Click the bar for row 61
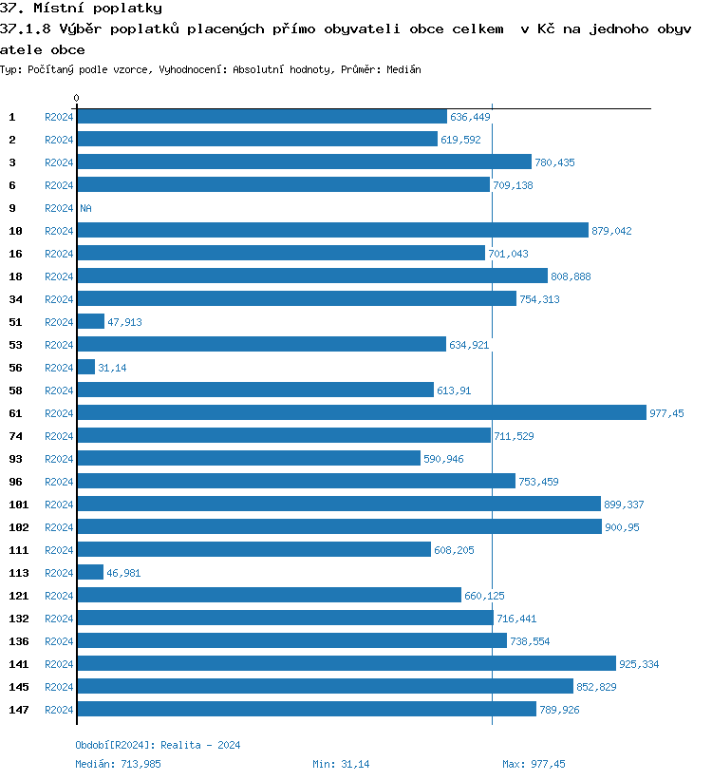[361, 412]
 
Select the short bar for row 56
[86, 367]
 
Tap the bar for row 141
[347, 663]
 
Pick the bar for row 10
[332, 230]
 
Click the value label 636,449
[470, 117]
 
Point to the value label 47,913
[124, 322]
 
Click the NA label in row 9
[85, 208]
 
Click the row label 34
[15, 298]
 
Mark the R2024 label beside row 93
[59, 459]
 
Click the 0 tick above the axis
[77, 98]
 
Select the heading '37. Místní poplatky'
[81, 9]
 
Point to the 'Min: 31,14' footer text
[341, 764]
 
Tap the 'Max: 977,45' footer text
[534, 764]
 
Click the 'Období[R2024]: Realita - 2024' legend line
[158, 745]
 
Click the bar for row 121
[269, 595]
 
